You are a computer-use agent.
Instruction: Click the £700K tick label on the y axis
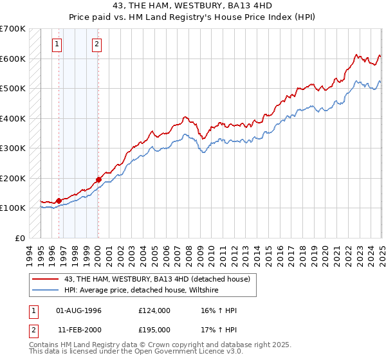coord(13,29)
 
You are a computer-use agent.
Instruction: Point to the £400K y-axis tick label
coord(13,118)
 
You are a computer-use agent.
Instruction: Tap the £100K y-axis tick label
coord(13,208)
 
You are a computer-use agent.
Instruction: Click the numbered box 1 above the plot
coord(58,44)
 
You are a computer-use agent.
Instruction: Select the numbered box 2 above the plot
coord(96,44)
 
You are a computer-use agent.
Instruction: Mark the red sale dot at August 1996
coord(59,201)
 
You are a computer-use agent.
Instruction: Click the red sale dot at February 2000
coord(98,179)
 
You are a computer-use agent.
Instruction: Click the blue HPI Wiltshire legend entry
coord(141,290)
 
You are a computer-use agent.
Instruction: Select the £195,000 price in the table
coord(154,330)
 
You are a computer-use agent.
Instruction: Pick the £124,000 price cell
coord(154,310)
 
